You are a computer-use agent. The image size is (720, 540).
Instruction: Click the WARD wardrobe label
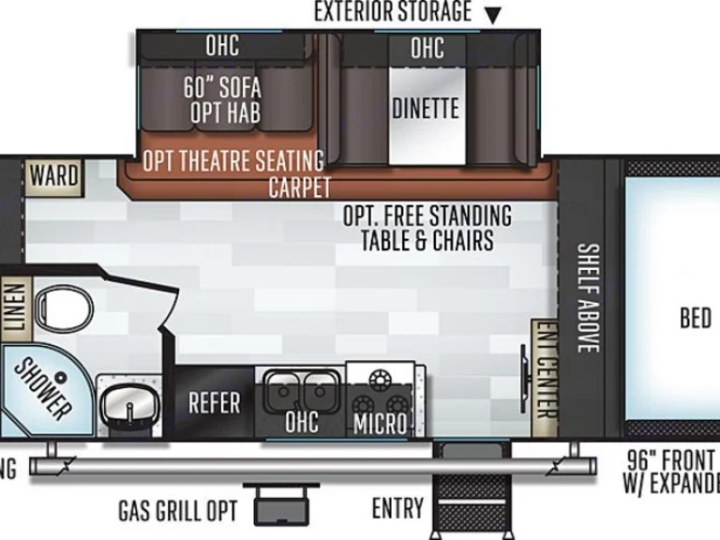[53, 175]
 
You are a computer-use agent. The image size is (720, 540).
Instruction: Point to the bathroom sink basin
[126, 404]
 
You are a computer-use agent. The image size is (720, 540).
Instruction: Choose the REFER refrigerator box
[214, 403]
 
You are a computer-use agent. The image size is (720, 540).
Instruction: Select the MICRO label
[380, 424]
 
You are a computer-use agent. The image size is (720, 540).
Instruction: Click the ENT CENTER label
[544, 370]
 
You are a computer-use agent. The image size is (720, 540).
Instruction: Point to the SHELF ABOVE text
[588, 298]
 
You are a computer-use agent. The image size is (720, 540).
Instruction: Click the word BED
[695, 319]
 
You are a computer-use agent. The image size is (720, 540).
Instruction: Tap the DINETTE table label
[426, 108]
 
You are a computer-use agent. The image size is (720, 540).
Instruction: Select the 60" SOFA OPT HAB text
[222, 100]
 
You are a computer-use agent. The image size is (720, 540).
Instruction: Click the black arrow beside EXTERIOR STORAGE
[492, 14]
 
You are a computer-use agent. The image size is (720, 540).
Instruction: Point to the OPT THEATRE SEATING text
[232, 161]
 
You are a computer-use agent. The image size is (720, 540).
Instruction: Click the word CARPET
[300, 186]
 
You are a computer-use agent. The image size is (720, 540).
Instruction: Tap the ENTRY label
[397, 508]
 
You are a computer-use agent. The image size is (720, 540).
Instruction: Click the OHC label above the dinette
[427, 47]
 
